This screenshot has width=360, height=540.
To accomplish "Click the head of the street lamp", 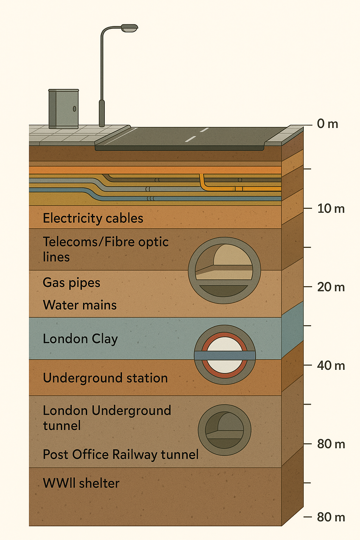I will coord(129,28).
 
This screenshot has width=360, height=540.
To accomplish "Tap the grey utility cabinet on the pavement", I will coord(64,109).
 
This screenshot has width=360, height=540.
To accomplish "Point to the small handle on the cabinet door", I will coord(75,109).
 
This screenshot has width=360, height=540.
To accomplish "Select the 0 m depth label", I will coord(327,124).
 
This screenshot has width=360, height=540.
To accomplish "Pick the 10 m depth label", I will coord(331,208).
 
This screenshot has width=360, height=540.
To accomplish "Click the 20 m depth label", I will coord(331,287).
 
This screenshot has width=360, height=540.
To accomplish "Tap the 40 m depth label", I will coord(331,366).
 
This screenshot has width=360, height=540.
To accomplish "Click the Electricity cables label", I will coord(93,218).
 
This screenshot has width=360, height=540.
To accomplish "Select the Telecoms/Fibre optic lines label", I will coord(105,249).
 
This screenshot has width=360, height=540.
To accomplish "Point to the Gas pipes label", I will coord(71,283).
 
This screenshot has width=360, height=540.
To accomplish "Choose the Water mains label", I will coord(80,305).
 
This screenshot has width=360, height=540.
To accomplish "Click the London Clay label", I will coord(80,339).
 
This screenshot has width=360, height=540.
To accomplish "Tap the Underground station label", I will coord(105,378).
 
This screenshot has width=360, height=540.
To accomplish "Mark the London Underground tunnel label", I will coord(107,418).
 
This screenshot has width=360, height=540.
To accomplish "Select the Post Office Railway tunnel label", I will coord(121,455).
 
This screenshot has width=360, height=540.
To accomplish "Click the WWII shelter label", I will coord(81,483).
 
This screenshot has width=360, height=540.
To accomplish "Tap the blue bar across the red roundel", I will coord(225,355).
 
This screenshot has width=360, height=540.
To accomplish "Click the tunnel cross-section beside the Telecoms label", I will coord(224,271).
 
